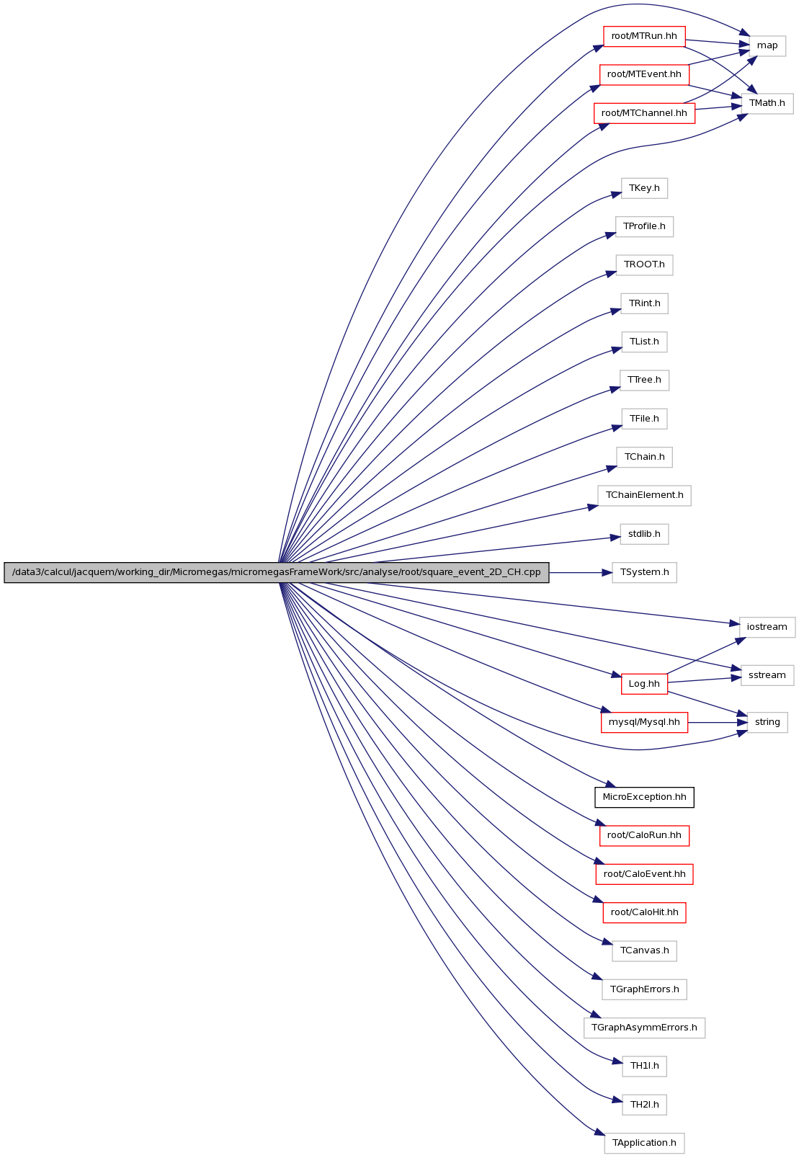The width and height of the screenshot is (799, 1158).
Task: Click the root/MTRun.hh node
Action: click(644, 36)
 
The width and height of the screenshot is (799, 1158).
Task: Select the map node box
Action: click(767, 46)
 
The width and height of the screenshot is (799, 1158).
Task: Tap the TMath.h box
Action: click(767, 103)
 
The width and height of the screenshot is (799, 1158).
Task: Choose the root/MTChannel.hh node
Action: click(644, 113)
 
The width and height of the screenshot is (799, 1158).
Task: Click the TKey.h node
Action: click(644, 188)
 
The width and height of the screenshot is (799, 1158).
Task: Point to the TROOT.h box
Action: click(644, 264)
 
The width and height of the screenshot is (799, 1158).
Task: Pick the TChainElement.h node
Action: click(644, 495)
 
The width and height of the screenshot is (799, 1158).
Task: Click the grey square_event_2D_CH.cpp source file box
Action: click(277, 572)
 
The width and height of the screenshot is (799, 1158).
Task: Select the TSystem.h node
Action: click(644, 572)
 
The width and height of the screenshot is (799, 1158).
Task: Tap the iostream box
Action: click(767, 627)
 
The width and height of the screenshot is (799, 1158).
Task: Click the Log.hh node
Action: click(644, 684)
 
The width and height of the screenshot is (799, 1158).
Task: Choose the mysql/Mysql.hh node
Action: click(644, 722)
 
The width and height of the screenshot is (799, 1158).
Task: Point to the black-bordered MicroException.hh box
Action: click(644, 797)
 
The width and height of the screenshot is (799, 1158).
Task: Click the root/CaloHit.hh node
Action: click(644, 912)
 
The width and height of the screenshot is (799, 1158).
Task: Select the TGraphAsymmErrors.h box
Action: click(644, 1028)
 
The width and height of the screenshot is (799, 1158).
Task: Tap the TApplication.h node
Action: click(644, 1143)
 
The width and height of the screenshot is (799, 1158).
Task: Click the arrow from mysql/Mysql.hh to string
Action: click(718, 722)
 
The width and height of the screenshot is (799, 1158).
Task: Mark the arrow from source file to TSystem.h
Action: click(581, 572)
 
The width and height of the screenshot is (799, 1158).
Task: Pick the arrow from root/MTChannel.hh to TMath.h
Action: click(718, 107)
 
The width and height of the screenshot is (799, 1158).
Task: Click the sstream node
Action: click(767, 676)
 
